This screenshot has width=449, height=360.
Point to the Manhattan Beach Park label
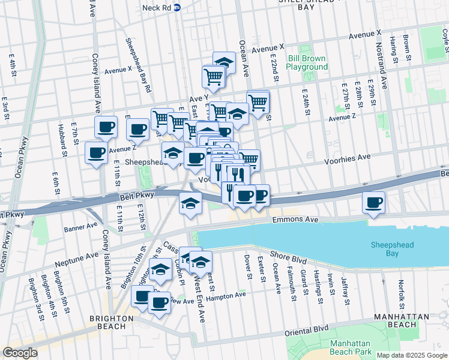(x=342, y=347)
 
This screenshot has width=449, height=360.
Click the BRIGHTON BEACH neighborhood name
(x=110, y=319)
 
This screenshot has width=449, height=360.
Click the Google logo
(x=20, y=353)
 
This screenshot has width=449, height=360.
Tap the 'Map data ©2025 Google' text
(x=412, y=355)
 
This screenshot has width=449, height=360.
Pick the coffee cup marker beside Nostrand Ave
(x=374, y=202)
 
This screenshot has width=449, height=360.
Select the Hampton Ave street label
(x=226, y=296)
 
